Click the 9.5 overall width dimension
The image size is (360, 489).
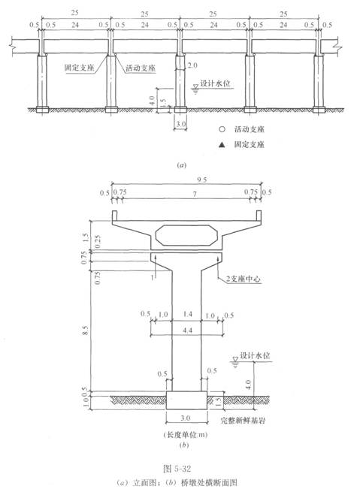click(x=185, y=180)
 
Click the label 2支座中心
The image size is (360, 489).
click(x=239, y=279)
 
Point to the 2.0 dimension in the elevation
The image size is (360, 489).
click(x=193, y=65)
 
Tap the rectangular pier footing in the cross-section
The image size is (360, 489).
click(x=186, y=401)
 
